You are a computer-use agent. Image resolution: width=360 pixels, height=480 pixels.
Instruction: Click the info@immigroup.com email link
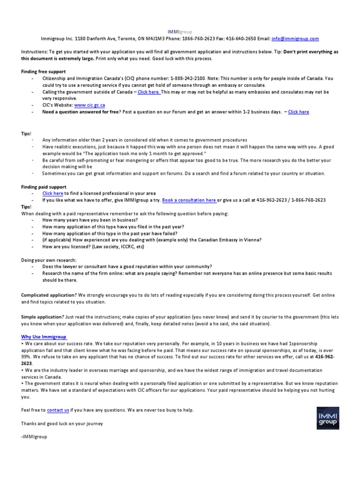click(x=295, y=39)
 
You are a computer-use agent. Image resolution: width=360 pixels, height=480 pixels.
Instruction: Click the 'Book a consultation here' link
click(x=189, y=200)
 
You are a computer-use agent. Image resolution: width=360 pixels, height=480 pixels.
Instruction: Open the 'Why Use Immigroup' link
click(x=45, y=337)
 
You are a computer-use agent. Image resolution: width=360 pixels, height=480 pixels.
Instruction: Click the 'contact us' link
click(x=58, y=410)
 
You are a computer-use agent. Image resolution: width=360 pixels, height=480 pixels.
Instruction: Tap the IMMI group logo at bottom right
click(x=328, y=418)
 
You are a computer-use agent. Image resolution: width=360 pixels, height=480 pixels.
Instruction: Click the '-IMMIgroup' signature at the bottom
click(x=34, y=436)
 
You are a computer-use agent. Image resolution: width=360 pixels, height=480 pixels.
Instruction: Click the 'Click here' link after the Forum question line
click(x=299, y=112)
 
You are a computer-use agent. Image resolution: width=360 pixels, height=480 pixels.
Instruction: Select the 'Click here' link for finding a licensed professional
click(x=52, y=193)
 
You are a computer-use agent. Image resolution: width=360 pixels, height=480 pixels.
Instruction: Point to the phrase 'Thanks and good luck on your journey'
click(x=62, y=423)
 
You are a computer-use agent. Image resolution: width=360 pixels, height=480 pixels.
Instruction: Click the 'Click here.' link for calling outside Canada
click(x=149, y=92)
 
